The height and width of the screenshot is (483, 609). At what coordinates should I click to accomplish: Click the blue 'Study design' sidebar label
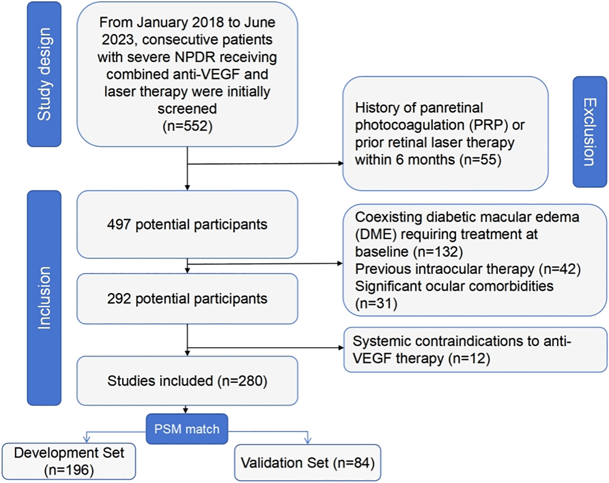click(44, 74)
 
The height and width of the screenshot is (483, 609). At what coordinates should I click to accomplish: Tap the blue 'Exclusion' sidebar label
click(589, 132)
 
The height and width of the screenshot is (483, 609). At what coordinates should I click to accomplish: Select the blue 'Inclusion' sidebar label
click(44, 298)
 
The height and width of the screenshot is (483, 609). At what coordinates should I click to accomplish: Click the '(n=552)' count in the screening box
click(187, 126)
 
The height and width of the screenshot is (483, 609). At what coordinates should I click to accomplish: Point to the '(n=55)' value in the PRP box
click(480, 160)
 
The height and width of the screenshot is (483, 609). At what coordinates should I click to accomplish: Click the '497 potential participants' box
click(187, 224)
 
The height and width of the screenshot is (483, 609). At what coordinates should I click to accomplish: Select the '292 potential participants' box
click(187, 299)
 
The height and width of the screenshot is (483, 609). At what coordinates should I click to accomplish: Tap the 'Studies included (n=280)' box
click(187, 381)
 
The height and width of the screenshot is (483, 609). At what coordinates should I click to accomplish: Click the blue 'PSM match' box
click(187, 429)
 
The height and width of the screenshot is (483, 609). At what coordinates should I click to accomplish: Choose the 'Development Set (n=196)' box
click(69, 461)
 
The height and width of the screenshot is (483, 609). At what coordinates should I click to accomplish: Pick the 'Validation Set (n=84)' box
click(307, 463)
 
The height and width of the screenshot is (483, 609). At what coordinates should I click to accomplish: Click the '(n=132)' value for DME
click(438, 252)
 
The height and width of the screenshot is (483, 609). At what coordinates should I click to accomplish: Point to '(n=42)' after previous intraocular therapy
click(560, 269)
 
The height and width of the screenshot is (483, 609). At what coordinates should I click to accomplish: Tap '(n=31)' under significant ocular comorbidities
click(376, 303)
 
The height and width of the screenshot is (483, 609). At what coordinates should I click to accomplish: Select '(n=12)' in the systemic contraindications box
click(469, 358)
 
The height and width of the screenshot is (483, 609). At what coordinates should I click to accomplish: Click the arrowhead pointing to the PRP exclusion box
click(341, 163)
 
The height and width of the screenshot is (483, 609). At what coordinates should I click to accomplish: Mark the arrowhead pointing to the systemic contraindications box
click(341, 348)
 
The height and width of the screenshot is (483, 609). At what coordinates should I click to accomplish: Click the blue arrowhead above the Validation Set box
click(307, 440)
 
